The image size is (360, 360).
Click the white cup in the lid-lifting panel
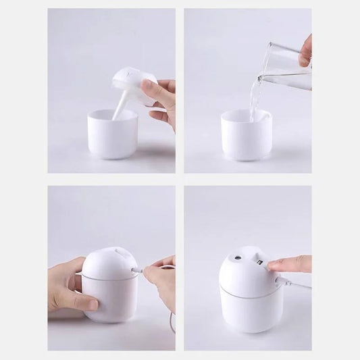point(113,135)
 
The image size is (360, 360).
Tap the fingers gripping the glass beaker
point(306,51)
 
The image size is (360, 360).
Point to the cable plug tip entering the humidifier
point(138,269)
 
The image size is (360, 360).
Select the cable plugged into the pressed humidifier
point(297,284)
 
